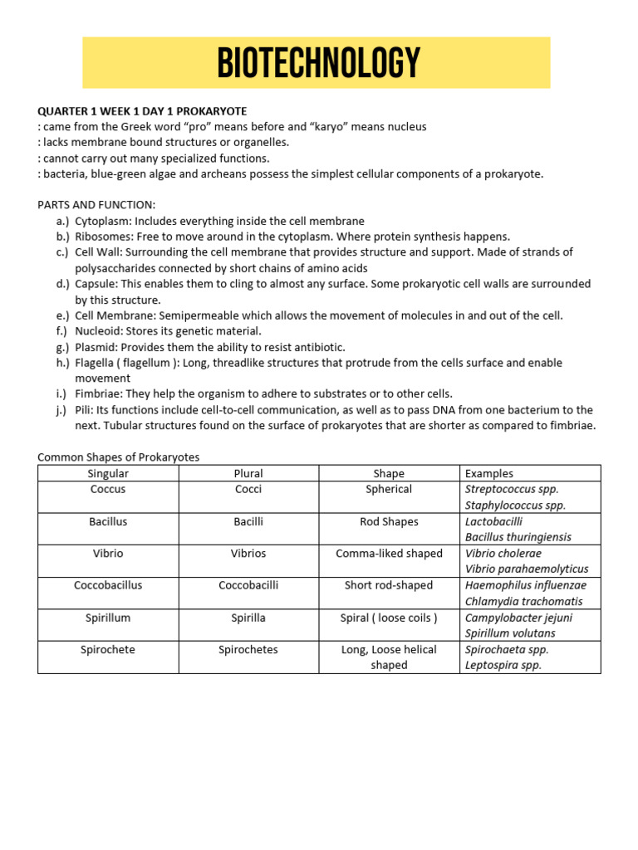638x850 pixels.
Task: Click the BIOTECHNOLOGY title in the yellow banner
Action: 318,63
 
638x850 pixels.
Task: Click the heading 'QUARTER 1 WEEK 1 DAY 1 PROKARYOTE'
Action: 142,111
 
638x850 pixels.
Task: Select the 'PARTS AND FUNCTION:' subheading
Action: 96,205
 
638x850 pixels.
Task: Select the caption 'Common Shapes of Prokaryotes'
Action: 119,457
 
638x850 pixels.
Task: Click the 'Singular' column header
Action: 108,473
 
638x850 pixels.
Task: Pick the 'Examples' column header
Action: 489,473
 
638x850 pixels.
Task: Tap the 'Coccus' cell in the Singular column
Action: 108,489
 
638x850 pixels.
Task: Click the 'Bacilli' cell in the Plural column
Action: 248,521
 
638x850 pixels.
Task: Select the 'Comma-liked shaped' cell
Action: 389,554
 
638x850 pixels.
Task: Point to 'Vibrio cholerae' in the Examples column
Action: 503,554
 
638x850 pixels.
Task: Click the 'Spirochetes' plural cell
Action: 248,649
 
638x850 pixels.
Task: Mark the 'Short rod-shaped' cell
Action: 389,585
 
